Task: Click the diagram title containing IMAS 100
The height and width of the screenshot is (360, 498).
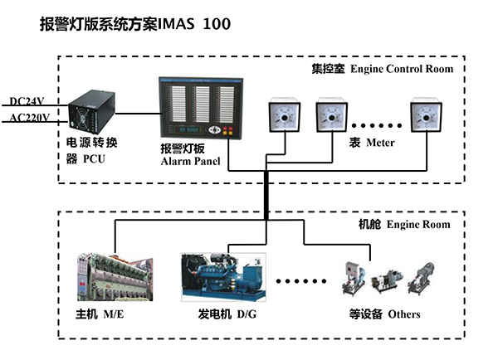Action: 135,24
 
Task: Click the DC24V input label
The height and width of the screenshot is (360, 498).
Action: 27,101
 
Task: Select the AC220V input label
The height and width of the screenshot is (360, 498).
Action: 30,118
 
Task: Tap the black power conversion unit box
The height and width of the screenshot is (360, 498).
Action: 92,112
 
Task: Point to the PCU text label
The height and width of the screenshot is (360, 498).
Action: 94,158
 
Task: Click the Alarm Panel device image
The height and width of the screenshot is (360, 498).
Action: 201,108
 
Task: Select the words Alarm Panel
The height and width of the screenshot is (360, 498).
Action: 190,161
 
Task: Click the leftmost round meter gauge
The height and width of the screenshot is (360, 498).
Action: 285,116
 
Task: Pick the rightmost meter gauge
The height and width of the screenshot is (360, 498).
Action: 427,116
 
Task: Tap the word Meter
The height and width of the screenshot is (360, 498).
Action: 380,143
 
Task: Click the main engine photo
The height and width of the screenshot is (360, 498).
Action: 115,277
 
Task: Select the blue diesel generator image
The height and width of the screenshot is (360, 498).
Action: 223,277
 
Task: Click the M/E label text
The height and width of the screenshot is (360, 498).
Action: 114,314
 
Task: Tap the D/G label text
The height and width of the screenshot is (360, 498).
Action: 247,314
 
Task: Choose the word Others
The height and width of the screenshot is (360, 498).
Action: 404,314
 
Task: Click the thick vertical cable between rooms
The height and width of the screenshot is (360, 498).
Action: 266,195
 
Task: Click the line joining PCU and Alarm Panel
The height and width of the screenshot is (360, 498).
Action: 137,114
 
